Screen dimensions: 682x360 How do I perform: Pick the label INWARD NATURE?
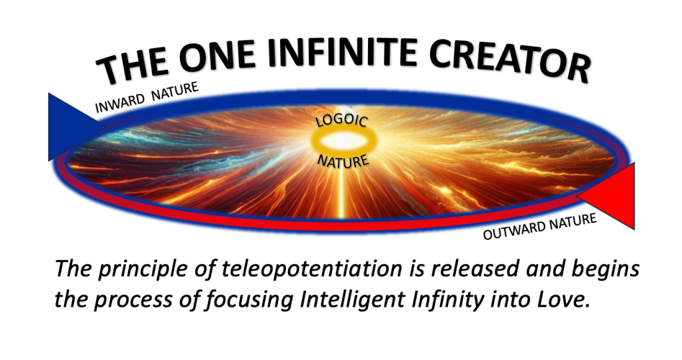click(147, 98)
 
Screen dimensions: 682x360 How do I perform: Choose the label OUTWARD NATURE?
click(540, 227)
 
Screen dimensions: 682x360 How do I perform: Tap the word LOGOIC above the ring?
click(342, 120)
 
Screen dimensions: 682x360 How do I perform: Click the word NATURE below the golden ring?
click(343, 161)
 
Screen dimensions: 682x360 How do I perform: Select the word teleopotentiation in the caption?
click(312, 269)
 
